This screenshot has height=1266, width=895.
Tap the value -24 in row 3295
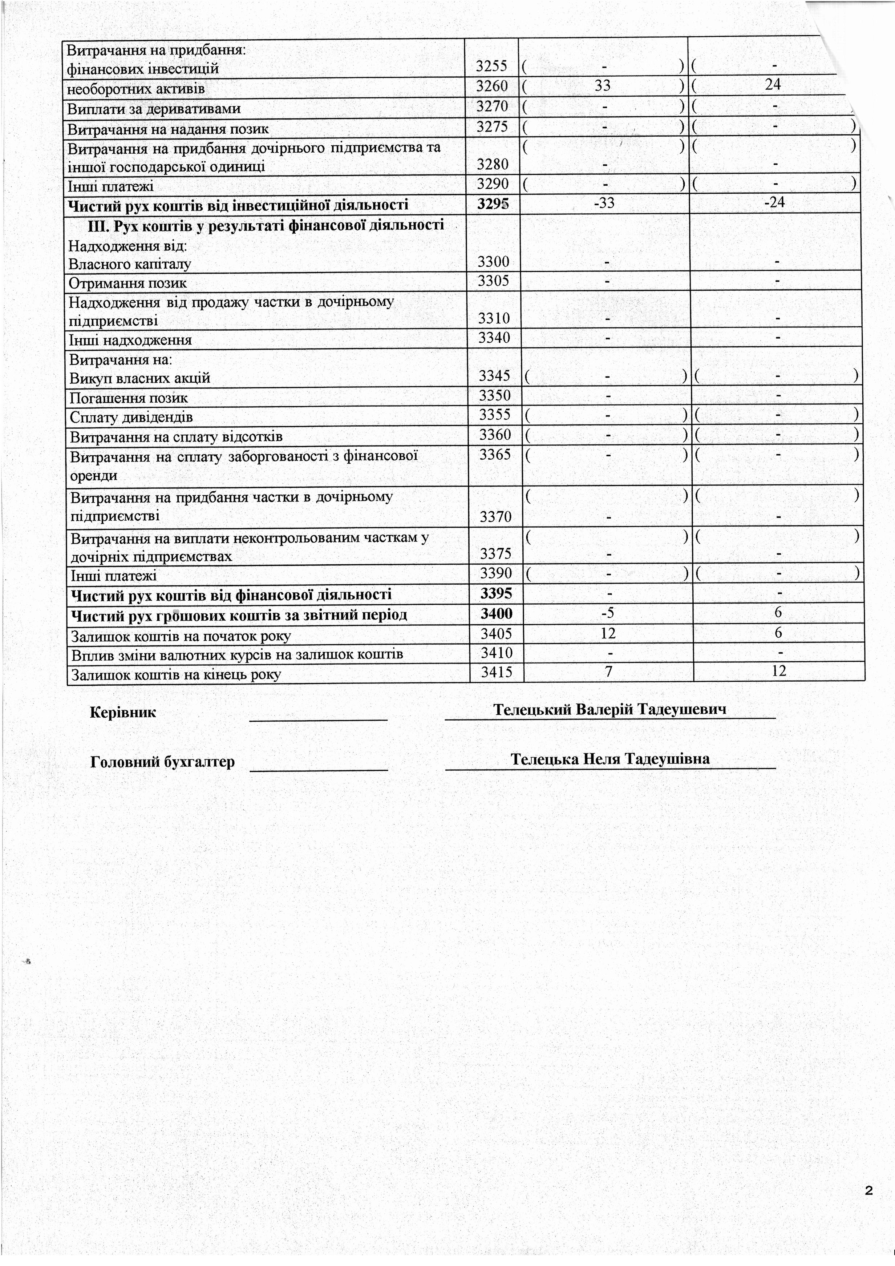point(774,202)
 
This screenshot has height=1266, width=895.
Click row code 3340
point(494,338)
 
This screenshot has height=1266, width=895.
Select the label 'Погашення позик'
point(129,398)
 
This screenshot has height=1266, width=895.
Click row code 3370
point(495,517)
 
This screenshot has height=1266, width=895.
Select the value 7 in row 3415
point(608,672)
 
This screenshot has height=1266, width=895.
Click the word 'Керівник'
point(123,713)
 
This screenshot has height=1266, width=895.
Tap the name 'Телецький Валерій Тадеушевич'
point(610,709)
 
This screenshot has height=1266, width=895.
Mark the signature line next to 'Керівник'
point(319,718)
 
